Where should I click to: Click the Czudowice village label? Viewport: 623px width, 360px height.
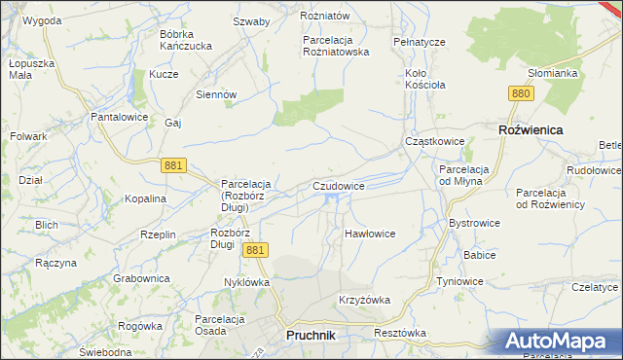pos(339,185)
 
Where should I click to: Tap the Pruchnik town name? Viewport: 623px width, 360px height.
pos(311,336)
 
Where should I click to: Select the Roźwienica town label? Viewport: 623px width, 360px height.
pos(531,128)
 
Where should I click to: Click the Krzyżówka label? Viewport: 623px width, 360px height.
pos(364,300)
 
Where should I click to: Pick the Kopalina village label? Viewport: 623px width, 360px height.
pos(146,198)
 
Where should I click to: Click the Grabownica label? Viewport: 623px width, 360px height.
pos(142,278)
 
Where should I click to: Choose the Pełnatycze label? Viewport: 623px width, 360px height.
pos(419,43)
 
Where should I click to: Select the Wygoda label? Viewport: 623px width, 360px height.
pos(42,19)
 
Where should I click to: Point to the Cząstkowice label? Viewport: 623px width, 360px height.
pos(434,142)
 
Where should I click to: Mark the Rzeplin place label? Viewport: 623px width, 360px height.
pos(158,234)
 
